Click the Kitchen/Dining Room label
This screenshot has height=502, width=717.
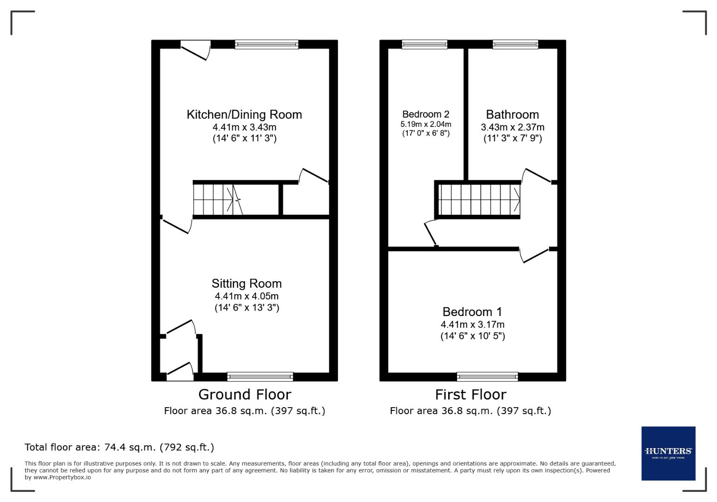click(x=244, y=114)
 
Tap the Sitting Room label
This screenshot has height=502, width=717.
click(x=247, y=284)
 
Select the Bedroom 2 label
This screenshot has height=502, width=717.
click(x=426, y=114)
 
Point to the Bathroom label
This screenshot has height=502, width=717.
click(x=512, y=114)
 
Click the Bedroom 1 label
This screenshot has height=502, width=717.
click(x=472, y=312)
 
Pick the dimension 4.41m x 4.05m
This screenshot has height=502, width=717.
click(x=247, y=296)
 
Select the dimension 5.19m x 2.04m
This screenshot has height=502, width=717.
click(x=426, y=124)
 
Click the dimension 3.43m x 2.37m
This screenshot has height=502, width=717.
click(x=513, y=127)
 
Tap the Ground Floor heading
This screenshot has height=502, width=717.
click(x=245, y=395)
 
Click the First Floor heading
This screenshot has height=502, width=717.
click(x=470, y=395)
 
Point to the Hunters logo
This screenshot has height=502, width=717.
click(x=668, y=453)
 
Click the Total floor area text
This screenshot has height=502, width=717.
click(x=119, y=447)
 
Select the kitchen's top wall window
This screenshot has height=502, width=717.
click(x=267, y=45)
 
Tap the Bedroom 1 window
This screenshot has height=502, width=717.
click(x=487, y=376)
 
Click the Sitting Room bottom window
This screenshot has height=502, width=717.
click(x=260, y=376)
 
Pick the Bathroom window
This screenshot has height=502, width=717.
click(x=515, y=45)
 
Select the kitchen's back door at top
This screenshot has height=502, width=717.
click(x=195, y=50)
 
